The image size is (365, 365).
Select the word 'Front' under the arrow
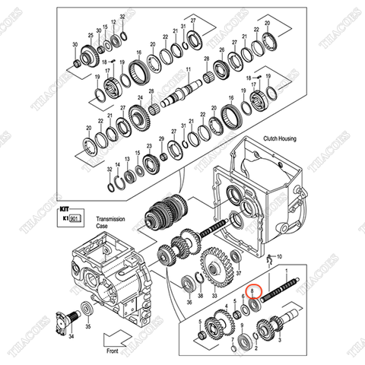click(x=112, y=352)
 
